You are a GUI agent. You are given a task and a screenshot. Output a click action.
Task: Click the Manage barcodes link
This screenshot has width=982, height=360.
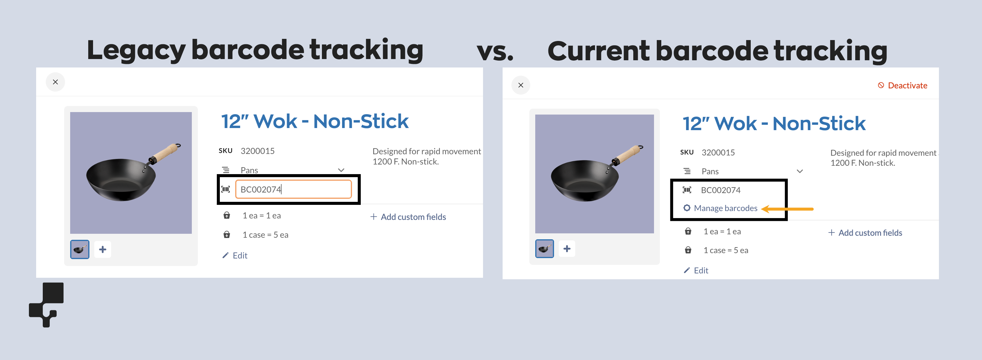tap(725, 208)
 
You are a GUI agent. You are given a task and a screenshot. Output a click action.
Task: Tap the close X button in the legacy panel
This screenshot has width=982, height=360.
tap(55, 82)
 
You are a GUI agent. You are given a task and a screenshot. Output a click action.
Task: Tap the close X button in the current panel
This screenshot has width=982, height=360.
tap(520, 85)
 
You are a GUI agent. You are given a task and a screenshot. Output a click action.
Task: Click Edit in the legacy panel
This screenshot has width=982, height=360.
tap(239, 255)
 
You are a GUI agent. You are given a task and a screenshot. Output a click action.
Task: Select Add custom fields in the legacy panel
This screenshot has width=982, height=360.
tap(413, 217)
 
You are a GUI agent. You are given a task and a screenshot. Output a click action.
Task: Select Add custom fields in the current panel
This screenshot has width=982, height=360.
tap(870, 233)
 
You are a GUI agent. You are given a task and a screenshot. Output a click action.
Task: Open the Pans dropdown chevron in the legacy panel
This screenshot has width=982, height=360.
tap(341, 170)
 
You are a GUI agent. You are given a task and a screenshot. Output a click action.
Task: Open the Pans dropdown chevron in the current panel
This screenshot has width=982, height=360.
tap(800, 171)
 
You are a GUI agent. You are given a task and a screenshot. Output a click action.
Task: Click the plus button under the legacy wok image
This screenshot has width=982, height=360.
tap(103, 249)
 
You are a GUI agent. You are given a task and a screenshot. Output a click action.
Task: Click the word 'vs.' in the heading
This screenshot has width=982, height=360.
tap(495, 52)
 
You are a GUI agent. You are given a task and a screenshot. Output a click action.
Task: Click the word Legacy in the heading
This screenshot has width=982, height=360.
tap(136, 50)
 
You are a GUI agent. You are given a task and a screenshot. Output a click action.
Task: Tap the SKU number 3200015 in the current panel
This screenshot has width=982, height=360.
tap(718, 152)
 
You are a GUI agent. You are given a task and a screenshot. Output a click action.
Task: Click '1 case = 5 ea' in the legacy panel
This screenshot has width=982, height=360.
tap(265, 235)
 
